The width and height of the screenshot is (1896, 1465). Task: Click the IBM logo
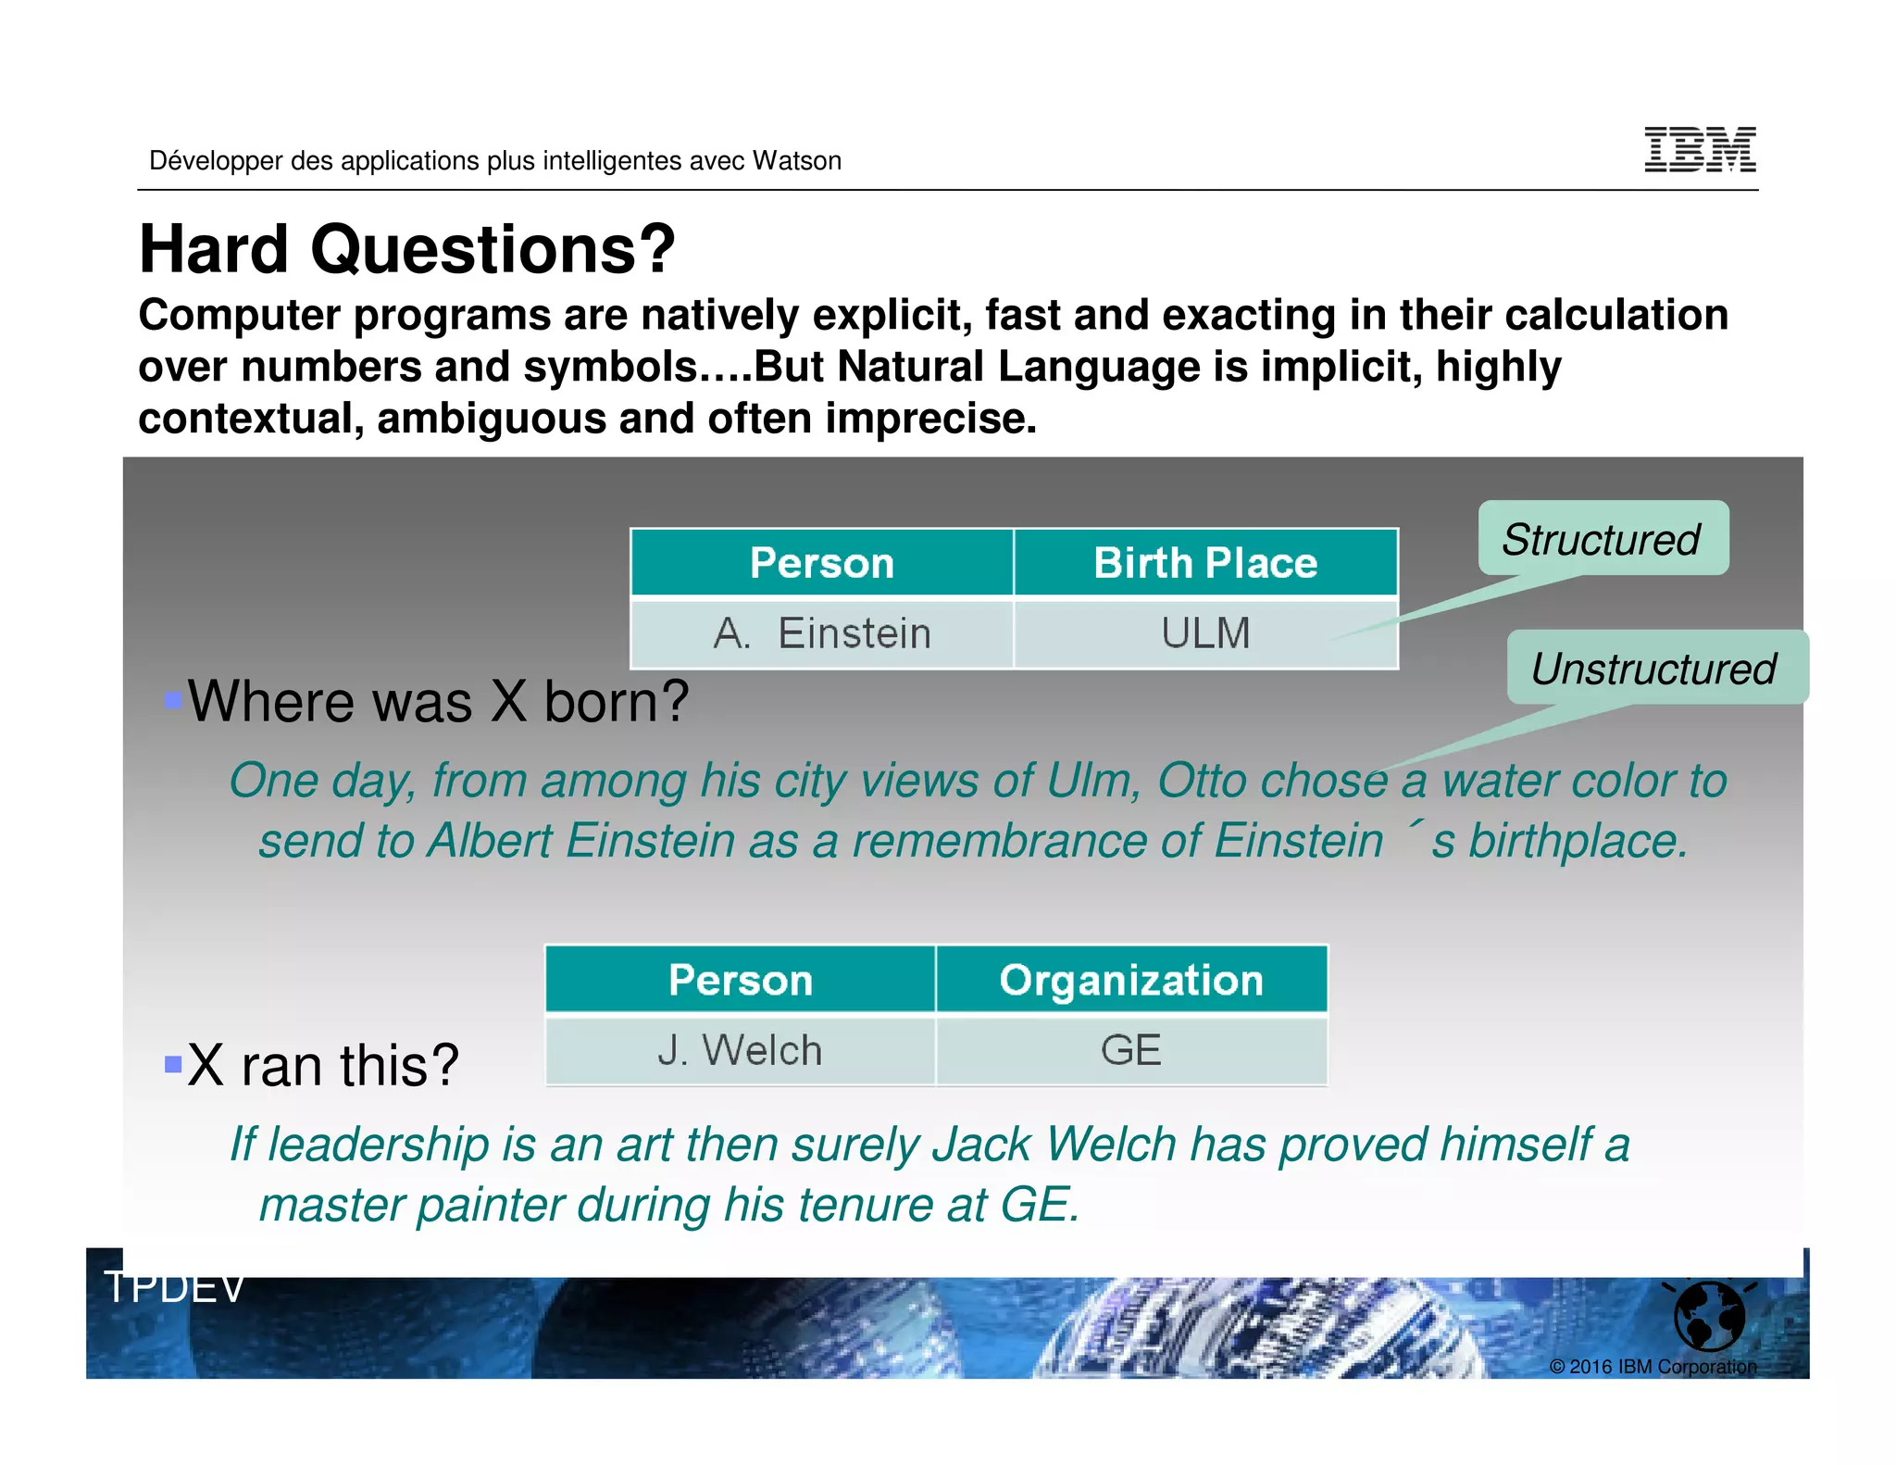point(1700,150)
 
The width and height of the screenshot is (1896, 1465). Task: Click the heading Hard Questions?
point(407,250)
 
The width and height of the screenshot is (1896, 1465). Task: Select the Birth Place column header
point(1205,563)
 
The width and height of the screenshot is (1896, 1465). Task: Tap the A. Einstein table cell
point(822,634)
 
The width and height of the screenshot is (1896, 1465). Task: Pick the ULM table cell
point(1205,634)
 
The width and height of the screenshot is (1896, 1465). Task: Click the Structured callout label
point(1602,539)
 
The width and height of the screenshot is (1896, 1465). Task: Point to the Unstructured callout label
point(1654,669)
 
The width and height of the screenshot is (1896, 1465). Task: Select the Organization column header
point(1131,980)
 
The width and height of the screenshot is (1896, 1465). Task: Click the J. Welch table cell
point(740,1051)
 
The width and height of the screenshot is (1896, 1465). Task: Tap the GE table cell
point(1131,1051)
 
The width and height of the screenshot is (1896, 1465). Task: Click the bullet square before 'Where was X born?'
point(173,699)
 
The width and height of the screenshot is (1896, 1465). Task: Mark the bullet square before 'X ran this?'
point(173,1063)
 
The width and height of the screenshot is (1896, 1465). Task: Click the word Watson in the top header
point(796,161)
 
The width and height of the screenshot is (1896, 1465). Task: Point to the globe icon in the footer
point(1709,1315)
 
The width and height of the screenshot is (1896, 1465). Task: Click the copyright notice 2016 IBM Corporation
point(1653,1367)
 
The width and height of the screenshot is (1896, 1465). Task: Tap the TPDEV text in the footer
point(174,1287)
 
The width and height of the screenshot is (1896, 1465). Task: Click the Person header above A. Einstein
point(822,563)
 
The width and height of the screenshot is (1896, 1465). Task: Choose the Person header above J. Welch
point(740,980)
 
